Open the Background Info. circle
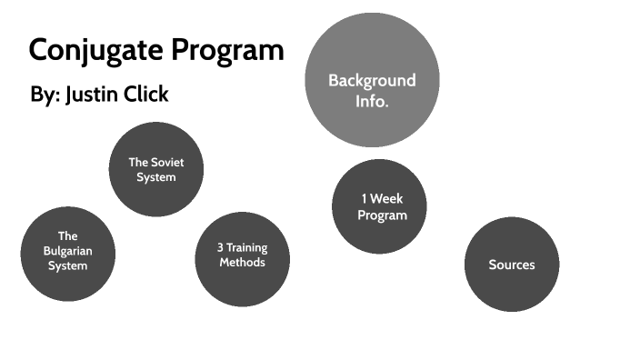(372, 80)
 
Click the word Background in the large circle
(372, 80)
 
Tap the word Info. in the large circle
(372, 101)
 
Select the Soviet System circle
(155, 170)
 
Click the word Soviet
(166, 163)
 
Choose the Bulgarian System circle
(68, 253)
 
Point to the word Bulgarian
(68, 251)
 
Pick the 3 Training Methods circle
(243, 259)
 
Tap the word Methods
(243, 263)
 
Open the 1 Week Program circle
(379, 206)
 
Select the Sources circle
(512, 265)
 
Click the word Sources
(512, 265)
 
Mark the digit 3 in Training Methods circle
(221, 247)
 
